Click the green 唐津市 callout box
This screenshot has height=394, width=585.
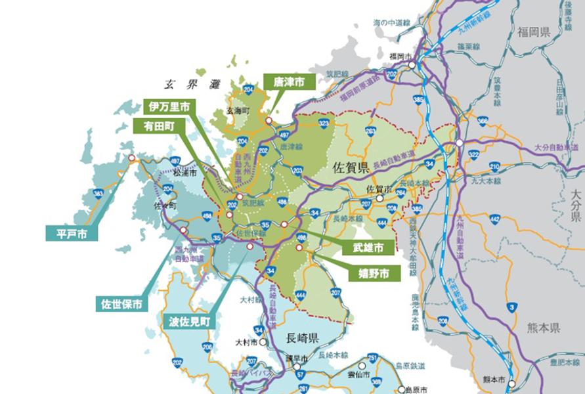pos(289,81)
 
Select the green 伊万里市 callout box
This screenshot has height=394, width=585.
pos(169,106)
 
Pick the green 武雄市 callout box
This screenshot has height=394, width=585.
pos(363,248)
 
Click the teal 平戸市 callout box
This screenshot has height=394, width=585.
pos(72,232)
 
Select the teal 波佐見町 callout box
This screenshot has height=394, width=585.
pos(189,322)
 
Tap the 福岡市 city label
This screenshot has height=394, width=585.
pos(400,56)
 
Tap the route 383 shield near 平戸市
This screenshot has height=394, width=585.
pos(98,194)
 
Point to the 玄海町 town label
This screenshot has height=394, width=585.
pos(238,111)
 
